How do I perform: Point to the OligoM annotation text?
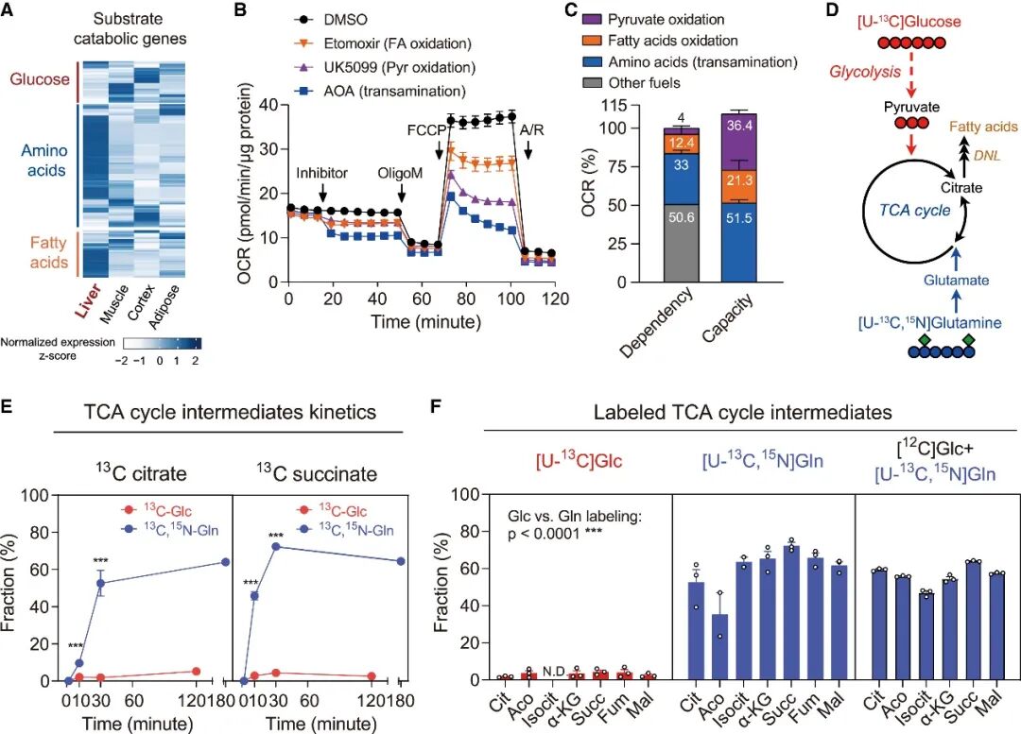coord(403,173)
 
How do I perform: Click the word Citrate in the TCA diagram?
coord(960,187)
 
